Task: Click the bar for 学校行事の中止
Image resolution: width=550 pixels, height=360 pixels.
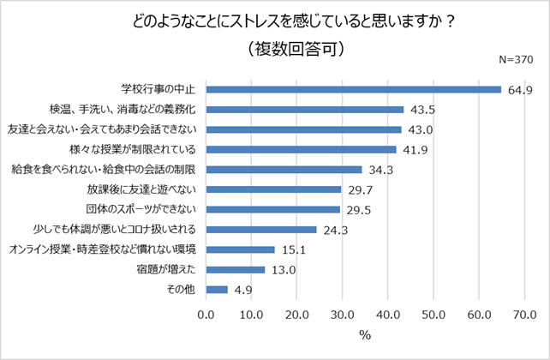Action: [x=353, y=89]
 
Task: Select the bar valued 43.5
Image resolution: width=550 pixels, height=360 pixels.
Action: [x=304, y=109]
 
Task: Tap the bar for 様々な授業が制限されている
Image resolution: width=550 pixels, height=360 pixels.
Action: [x=301, y=149]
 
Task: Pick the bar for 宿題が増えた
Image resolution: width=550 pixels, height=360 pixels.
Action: [x=235, y=269]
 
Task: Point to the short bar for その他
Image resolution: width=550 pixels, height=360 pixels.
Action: [x=217, y=290]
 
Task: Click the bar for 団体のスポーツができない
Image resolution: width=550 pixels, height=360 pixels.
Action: [x=272, y=209]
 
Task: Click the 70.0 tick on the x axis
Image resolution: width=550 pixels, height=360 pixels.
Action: [x=524, y=315]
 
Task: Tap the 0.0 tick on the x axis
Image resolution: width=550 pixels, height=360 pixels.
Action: [x=206, y=315]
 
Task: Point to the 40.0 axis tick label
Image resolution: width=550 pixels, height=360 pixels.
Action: [x=388, y=315]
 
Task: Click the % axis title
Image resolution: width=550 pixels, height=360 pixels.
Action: [x=365, y=335]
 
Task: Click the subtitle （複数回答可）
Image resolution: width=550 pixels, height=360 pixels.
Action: [x=294, y=50]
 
